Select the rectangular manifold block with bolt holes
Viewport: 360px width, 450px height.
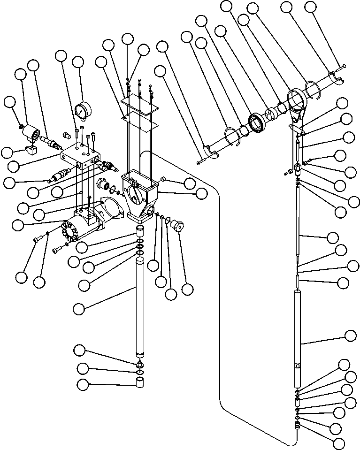tap(83, 155)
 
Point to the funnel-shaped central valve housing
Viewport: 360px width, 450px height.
tap(140, 194)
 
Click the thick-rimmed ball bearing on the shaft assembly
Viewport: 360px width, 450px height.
tap(257, 122)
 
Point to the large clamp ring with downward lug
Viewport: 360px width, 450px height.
tap(297, 101)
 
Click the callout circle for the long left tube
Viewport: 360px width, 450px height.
tap(80, 308)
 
